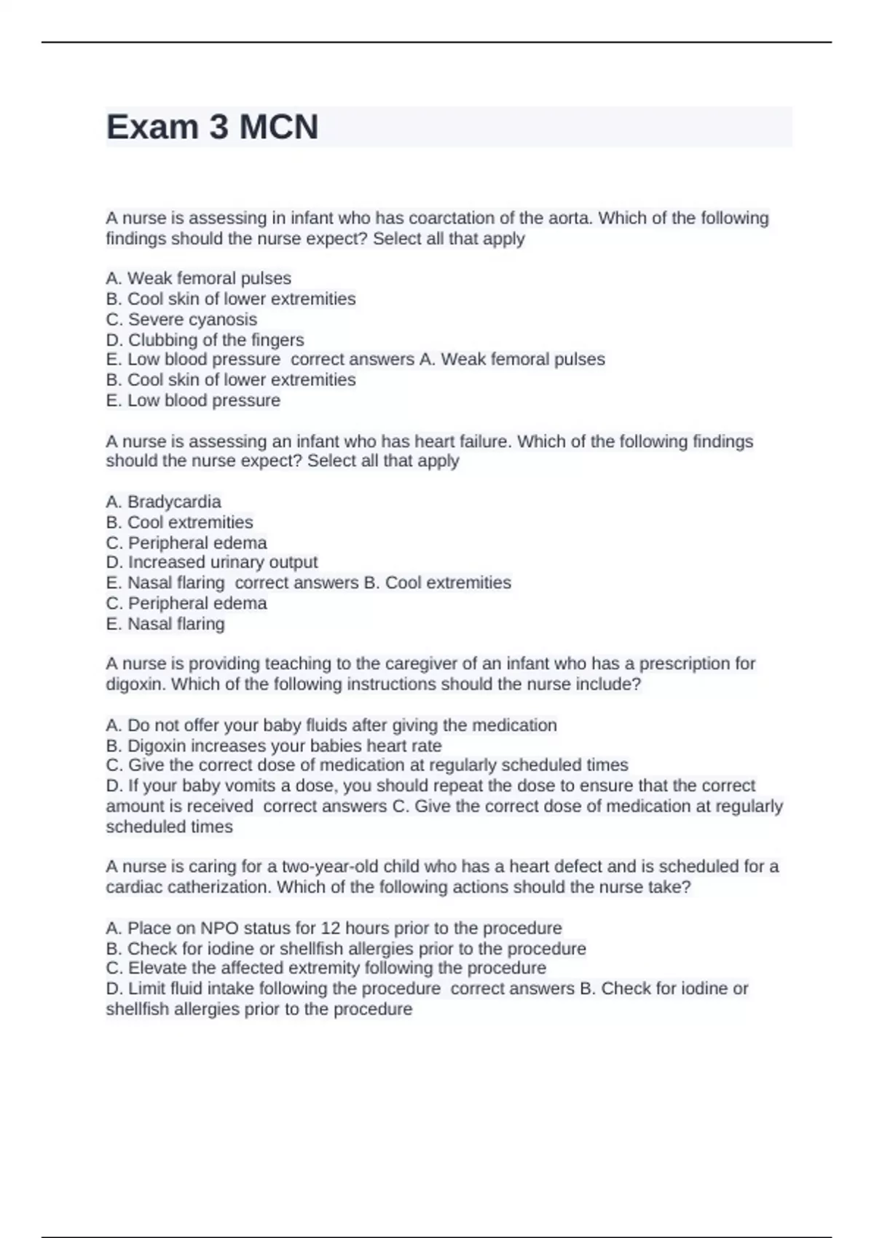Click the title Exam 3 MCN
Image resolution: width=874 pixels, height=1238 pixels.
coord(212,127)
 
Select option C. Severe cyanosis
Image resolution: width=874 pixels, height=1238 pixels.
coord(181,320)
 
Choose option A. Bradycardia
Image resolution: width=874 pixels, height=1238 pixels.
coord(163,502)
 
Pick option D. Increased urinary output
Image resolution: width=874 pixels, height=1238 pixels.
coord(211,562)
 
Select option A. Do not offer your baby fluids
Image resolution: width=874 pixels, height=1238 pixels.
coord(331,725)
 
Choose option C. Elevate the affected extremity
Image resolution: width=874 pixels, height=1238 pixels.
coord(326,969)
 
